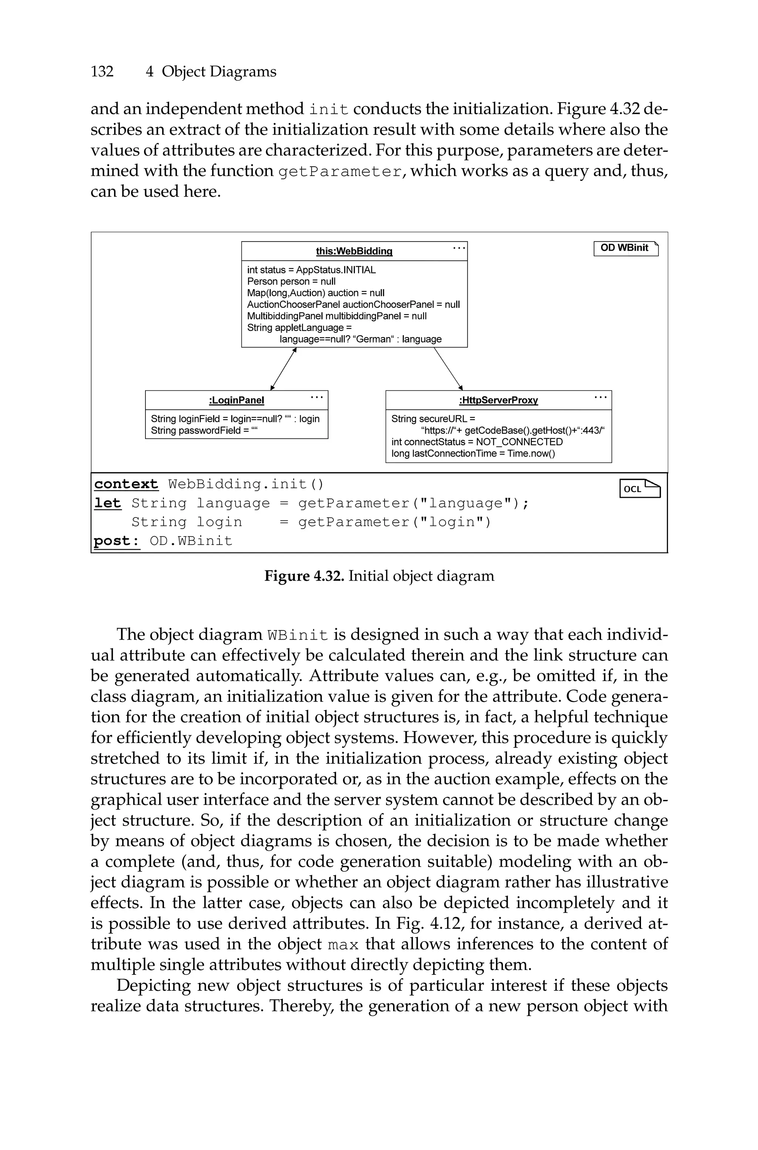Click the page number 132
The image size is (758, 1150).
tap(102, 71)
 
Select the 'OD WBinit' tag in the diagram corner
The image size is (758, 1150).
tap(625, 248)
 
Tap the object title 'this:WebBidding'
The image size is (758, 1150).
tap(354, 251)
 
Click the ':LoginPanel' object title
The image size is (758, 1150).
tap(237, 400)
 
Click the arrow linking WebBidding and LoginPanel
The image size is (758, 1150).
tap(283, 369)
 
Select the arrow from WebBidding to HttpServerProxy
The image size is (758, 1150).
tap(448, 369)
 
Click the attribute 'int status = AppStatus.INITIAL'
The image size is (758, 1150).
tap(311, 270)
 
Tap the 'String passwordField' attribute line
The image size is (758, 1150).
tap(204, 430)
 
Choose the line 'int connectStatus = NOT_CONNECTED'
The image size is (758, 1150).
tap(477, 442)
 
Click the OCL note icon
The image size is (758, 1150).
tap(640, 489)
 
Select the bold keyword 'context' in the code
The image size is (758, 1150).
tap(126, 484)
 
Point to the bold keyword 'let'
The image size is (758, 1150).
tap(107, 503)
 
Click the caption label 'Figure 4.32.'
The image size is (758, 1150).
tap(303, 576)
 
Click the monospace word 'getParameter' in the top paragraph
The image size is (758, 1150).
tap(340, 171)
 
